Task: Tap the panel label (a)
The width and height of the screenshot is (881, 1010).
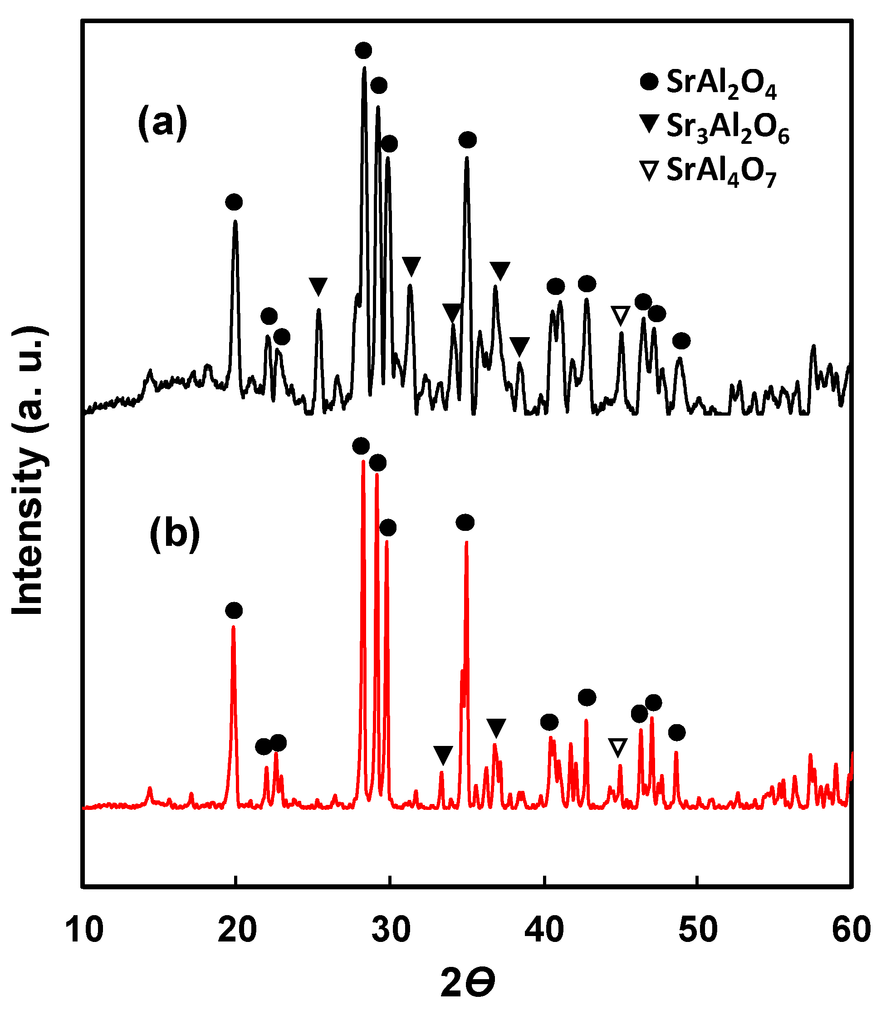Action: coord(162,123)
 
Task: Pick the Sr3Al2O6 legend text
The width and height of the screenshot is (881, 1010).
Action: coord(728,127)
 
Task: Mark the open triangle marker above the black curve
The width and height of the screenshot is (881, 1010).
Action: coord(621,315)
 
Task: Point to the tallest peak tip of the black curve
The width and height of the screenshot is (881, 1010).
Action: coord(364,68)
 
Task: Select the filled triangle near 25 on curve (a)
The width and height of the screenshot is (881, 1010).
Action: coord(318,286)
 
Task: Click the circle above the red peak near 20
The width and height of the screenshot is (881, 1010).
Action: coord(234,611)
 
